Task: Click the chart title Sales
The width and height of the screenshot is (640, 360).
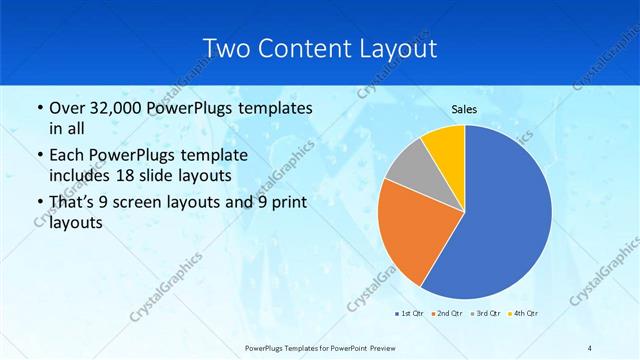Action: coord(464,110)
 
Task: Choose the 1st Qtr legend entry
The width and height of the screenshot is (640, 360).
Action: coord(410,314)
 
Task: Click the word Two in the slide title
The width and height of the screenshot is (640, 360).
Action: coord(225,49)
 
